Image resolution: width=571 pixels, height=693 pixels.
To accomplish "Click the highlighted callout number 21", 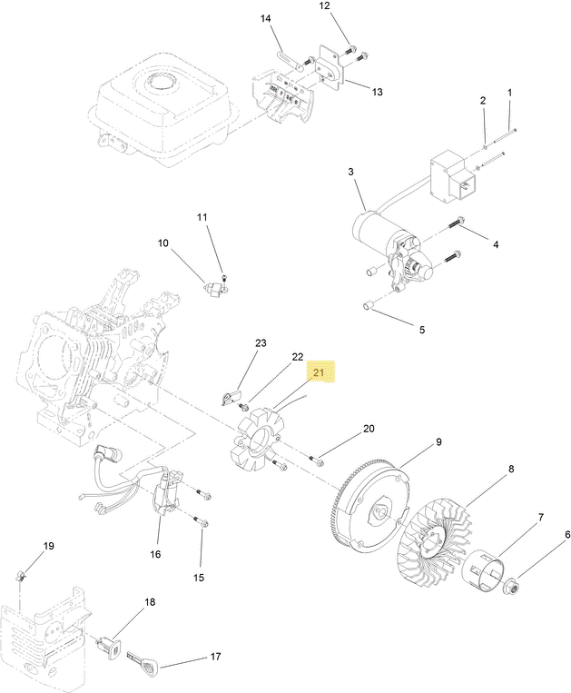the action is [x=319, y=372].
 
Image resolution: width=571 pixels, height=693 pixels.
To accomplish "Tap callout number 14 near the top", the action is [x=265, y=18].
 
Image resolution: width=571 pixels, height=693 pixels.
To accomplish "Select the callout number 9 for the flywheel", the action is [x=438, y=442].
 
